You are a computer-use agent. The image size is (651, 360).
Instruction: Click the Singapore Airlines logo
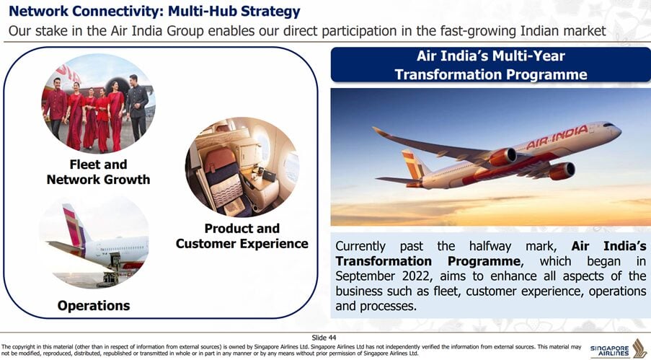click(619, 348)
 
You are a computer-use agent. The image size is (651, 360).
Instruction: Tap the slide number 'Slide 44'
click(324, 338)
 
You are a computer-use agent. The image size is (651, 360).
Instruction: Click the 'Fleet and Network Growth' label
click(98, 172)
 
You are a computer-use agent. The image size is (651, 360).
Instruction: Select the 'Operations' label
click(94, 306)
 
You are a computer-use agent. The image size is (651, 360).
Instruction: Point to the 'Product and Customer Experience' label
click(242, 236)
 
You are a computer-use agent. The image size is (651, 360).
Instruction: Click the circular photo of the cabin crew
click(98, 103)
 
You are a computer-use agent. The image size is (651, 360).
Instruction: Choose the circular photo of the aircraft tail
click(94, 242)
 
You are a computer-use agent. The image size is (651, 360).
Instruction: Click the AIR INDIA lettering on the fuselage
click(557, 137)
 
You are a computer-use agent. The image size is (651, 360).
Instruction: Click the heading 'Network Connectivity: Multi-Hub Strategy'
click(154, 12)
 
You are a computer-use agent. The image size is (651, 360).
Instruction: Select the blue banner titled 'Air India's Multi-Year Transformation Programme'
click(491, 65)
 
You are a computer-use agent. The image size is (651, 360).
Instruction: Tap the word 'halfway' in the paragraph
click(490, 247)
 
